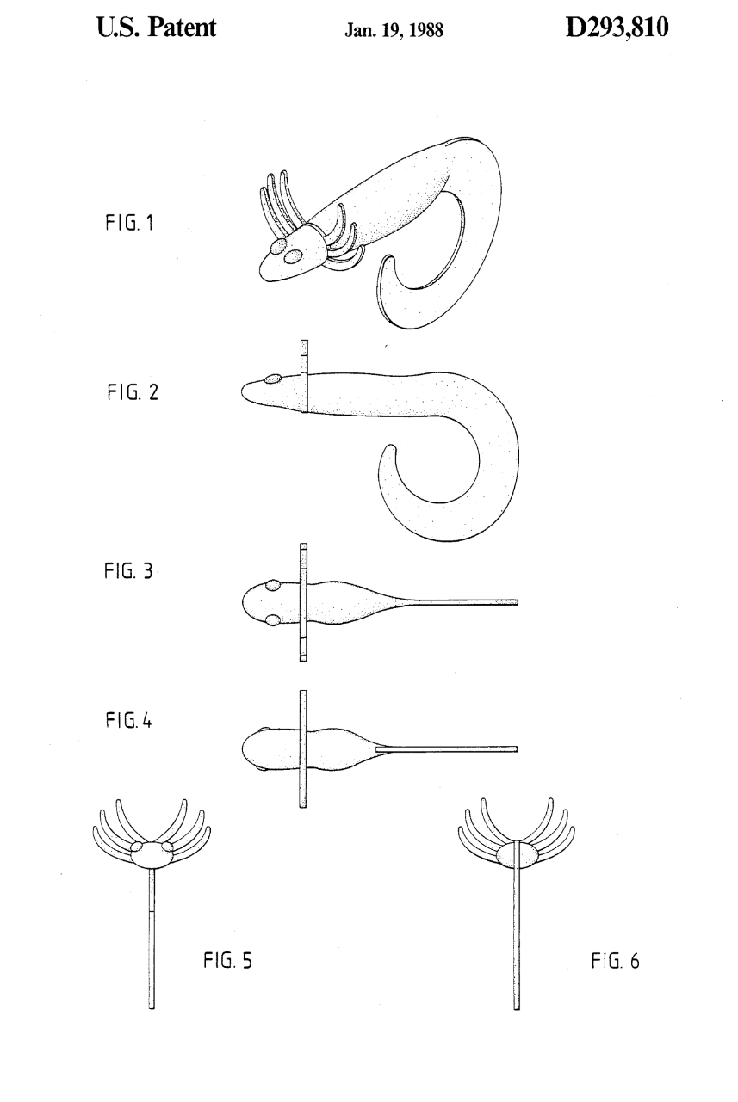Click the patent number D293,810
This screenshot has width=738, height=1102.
(617, 28)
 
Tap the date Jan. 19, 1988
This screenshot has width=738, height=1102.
(394, 31)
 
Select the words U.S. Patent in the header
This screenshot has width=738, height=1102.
(156, 28)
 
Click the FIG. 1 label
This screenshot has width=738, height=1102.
(129, 223)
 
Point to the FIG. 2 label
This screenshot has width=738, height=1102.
(133, 392)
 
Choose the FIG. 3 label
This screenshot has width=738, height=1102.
(128, 571)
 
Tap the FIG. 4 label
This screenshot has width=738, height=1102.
(129, 721)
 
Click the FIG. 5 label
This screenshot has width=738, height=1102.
(227, 960)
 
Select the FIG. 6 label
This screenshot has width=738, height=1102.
(616, 961)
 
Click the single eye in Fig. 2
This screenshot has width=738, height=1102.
(272, 379)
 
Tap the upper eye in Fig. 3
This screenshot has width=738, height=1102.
(273, 586)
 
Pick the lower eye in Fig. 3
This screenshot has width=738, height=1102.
(273, 620)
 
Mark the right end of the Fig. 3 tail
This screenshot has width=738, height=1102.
(518, 602)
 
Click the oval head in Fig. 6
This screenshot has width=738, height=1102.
(516, 855)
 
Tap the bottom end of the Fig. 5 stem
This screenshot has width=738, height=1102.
(152, 1008)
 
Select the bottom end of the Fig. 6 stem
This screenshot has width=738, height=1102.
(517, 1008)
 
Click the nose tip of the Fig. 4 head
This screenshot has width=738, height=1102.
(243, 750)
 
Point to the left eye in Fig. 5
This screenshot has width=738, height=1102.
(136, 845)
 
